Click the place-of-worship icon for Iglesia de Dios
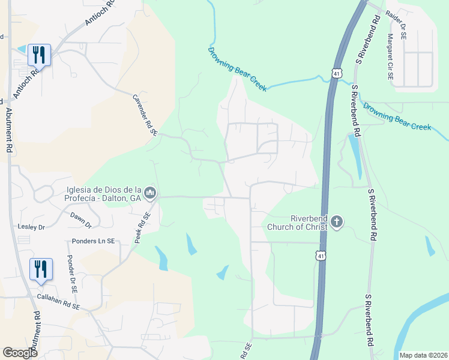151,193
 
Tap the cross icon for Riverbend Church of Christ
337,223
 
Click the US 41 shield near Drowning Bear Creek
336,73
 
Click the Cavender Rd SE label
145,115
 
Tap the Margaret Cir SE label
390,57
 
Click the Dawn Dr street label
80,220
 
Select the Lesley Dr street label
33,227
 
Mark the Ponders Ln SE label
94,241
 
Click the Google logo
20,353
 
